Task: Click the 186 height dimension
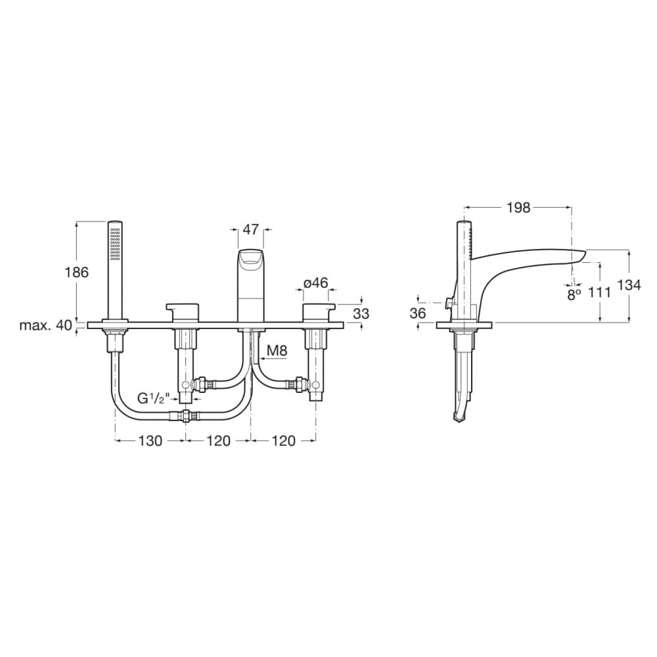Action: click(77, 273)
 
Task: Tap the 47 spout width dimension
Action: click(251, 229)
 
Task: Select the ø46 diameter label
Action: click(316, 283)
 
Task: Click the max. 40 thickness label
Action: click(46, 325)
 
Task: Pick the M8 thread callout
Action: click(277, 350)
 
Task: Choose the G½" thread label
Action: click(153, 398)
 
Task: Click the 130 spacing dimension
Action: click(150, 441)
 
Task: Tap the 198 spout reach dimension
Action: click(518, 208)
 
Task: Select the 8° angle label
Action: click(574, 294)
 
